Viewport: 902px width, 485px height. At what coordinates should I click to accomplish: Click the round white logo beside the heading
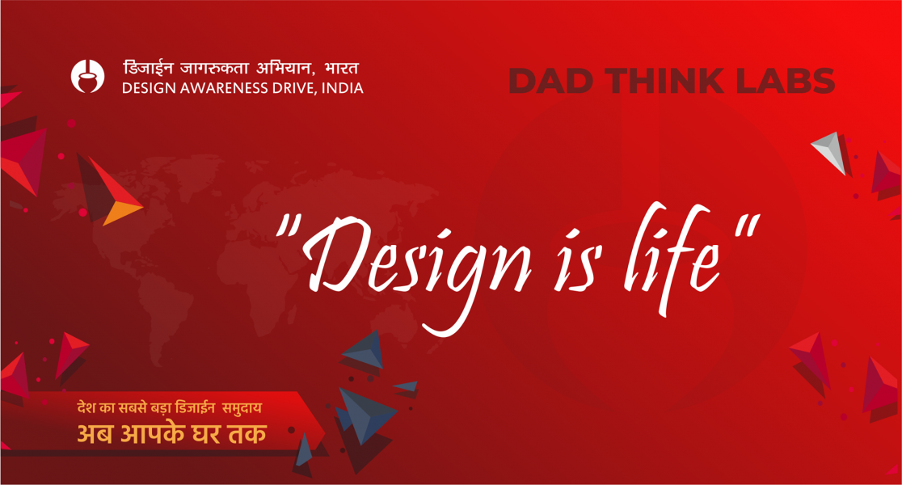point(87,76)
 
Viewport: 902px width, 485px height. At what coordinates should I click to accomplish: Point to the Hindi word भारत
point(341,68)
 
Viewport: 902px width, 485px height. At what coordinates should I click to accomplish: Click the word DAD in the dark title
point(550,81)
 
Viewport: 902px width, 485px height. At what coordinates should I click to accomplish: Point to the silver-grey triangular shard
point(830,151)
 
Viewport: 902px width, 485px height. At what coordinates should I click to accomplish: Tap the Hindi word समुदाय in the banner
point(242,408)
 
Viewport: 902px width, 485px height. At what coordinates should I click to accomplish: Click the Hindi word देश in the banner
point(86,408)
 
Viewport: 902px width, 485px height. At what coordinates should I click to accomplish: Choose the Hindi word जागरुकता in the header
point(214,68)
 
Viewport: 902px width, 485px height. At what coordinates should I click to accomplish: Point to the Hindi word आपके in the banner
point(149,432)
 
